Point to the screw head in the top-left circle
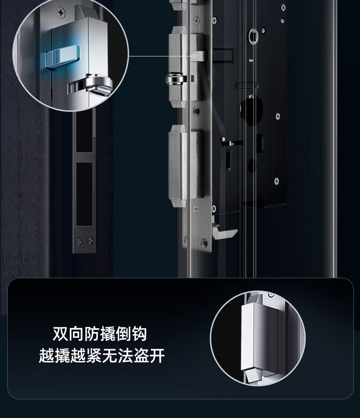61,12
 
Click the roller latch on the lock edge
175,79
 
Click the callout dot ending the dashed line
195,56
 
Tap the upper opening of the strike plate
84,132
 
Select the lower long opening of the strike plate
84,194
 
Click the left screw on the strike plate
78,241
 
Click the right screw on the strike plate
90,241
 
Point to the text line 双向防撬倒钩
99,334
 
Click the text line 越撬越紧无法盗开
102,355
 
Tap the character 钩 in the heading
139,334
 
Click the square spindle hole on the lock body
252,36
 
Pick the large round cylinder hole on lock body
251,110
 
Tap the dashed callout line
161,56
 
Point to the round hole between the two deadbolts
196,111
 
